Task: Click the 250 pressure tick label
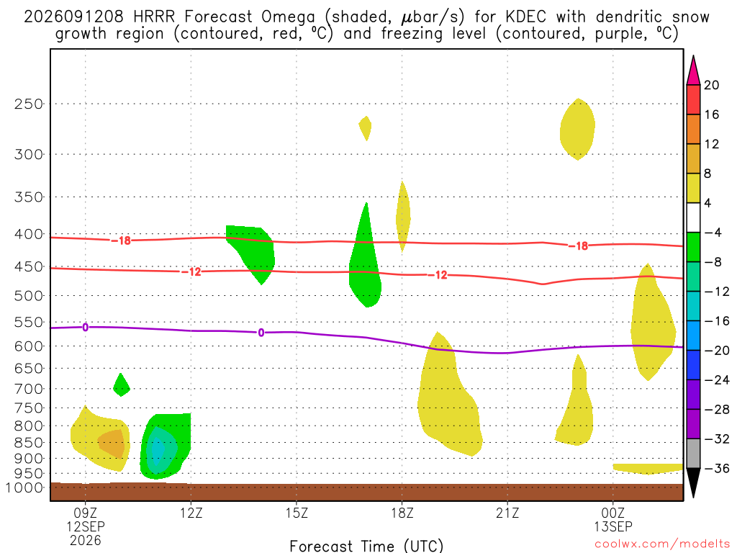[28, 104]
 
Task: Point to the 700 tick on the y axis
[28, 389]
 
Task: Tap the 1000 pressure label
[24, 487]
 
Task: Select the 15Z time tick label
[297, 512]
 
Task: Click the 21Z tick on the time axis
[507, 512]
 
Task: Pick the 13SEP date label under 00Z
[613, 526]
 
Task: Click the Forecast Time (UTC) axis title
[366, 546]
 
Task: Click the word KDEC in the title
[526, 17]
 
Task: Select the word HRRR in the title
[154, 17]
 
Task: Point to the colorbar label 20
[712, 85]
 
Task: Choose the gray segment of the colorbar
[693, 454]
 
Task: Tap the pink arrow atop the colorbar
[693, 71]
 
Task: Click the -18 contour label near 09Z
[121, 240]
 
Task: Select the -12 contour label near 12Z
[191, 271]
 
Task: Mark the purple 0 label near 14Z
[261, 333]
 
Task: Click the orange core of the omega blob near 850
[113, 443]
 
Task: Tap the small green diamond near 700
[122, 385]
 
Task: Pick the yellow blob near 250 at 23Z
[578, 129]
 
